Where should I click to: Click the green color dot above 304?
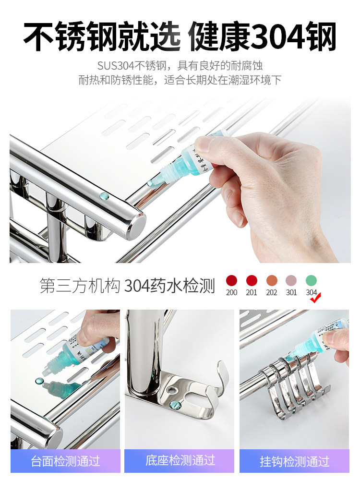click(x=311, y=280)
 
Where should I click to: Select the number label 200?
click(x=232, y=292)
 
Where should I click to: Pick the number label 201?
click(x=252, y=292)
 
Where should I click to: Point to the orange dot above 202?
click(x=272, y=280)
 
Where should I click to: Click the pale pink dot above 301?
click(x=291, y=280)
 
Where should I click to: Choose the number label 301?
click(x=291, y=292)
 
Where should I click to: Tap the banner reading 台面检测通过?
click(x=65, y=461)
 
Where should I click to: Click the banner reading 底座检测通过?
click(x=180, y=460)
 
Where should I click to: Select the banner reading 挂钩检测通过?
click(x=294, y=461)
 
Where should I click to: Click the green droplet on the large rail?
click(x=103, y=196)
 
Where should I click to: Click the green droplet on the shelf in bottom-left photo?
click(x=38, y=382)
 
